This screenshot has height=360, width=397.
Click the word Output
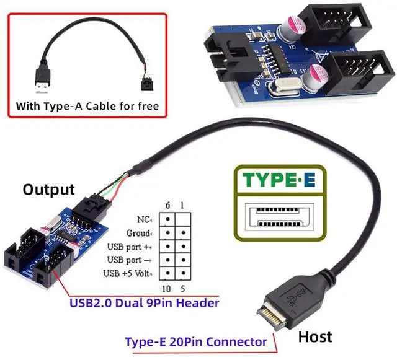point(48,190)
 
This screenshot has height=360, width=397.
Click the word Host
point(315,337)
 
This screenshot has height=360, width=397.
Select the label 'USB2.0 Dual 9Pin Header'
point(145,304)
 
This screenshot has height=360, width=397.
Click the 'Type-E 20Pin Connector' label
point(196,341)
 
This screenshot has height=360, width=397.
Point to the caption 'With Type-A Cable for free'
point(87,106)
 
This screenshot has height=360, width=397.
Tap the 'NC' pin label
point(143,219)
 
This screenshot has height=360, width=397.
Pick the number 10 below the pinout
point(166,289)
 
